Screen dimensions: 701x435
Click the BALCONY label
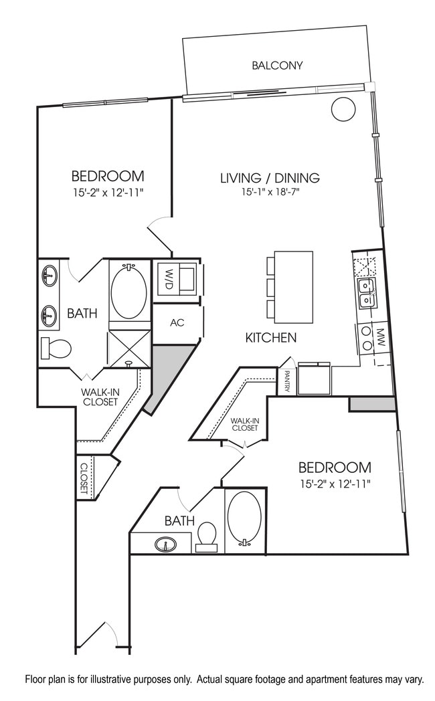coord(277,66)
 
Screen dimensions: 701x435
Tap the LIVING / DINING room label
coord(270,178)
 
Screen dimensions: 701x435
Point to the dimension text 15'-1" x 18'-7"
coord(270,193)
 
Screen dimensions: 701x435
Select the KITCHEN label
coord(270,338)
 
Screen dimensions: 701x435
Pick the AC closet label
coord(177,322)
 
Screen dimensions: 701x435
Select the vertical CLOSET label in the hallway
coord(84,478)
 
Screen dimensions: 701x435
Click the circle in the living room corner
coord(343,108)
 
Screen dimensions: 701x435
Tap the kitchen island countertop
coord(294,286)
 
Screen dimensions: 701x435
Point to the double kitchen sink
coord(366,293)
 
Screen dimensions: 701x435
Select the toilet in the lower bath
coord(207,535)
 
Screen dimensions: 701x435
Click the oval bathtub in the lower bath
coord(244,518)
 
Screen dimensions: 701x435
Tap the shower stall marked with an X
coord(129,348)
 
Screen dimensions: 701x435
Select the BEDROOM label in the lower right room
coord(335,467)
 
